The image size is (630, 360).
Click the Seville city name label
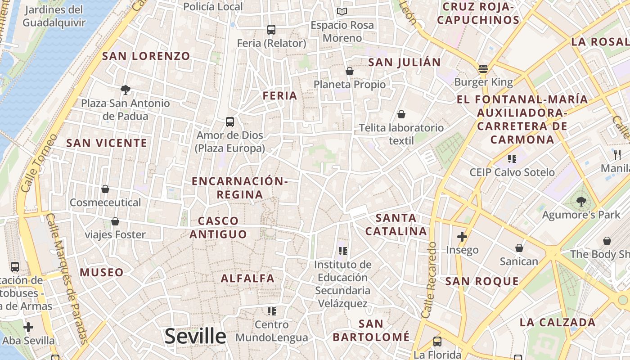pyautogui.click(x=195, y=336)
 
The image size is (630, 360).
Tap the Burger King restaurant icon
pyautogui.click(x=483, y=69)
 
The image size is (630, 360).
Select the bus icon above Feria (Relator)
pyautogui.click(x=271, y=30)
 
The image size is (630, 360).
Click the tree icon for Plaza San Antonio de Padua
pyautogui.click(x=126, y=90)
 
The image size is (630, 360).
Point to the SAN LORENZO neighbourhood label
pyautogui.click(x=146, y=56)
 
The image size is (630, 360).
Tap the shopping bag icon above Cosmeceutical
pyautogui.click(x=105, y=189)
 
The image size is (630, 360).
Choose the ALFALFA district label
pyautogui.click(x=247, y=279)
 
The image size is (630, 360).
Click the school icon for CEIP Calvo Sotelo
pyautogui.click(x=512, y=158)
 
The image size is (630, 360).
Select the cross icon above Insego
pyautogui.click(x=462, y=237)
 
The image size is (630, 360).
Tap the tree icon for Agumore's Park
pyautogui.click(x=581, y=201)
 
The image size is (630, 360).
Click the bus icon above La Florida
pyautogui.click(x=437, y=342)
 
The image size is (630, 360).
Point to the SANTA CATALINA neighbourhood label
pyautogui.click(x=396, y=225)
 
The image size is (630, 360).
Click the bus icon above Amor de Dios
pyautogui.click(x=229, y=121)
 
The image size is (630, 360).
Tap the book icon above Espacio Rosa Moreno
pyautogui.click(x=342, y=11)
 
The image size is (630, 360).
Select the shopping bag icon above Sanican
pyautogui.click(x=519, y=248)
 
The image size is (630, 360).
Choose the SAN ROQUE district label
pyautogui.click(x=482, y=282)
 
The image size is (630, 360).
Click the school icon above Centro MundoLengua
pyautogui.click(x=271, y=311)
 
